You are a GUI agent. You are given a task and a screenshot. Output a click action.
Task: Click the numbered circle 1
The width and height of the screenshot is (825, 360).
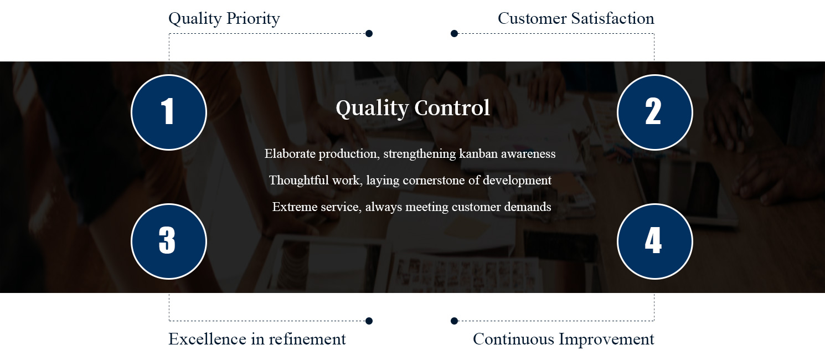(x=169, y=112)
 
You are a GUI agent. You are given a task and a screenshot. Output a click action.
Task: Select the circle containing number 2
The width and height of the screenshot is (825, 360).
(x=655, y=112)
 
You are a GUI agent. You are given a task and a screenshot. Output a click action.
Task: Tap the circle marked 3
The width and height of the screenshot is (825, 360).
(x=169, y=241)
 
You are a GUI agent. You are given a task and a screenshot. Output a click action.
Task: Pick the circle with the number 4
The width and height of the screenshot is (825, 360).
(x=655, y=241)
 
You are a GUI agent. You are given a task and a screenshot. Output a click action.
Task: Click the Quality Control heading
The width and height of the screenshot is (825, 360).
(x=412, y=109)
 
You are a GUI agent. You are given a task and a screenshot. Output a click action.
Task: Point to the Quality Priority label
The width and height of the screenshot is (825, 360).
(x=224, y=19)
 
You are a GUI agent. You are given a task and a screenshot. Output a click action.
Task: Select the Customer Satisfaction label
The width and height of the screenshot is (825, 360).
(x=576, y=18)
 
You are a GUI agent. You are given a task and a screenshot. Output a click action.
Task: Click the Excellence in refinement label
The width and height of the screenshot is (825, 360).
(x=257, y=339)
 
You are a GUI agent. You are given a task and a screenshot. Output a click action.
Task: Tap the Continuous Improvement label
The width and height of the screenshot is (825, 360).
(x=564, y=339)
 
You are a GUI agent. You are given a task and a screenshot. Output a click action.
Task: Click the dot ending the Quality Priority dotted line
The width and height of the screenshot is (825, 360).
(x=369, y=34)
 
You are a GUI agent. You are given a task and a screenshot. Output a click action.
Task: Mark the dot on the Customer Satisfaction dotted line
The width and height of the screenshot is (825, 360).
(x=455, y=34)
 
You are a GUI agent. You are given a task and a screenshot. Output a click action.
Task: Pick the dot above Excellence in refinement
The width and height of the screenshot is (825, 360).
(x=369, y=321)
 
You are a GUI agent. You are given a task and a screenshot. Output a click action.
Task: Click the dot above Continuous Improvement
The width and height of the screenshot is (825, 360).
(x=455, y=321)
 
